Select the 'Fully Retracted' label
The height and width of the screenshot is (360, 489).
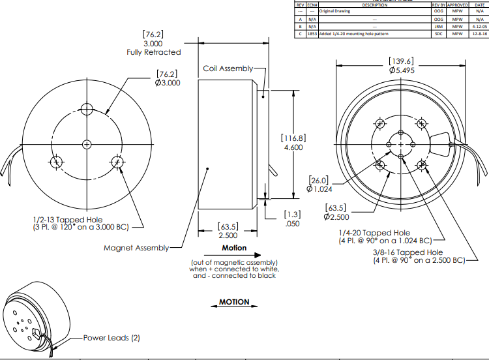(153, 52)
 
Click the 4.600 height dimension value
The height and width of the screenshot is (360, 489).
(293, 148)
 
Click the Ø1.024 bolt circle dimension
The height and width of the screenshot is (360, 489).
(319, 189)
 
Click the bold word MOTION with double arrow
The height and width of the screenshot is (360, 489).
(234, 302)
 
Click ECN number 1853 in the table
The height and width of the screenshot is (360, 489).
(312, 33)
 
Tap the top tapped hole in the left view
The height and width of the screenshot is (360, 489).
(87, 109)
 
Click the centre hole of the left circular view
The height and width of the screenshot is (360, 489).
(87, 143)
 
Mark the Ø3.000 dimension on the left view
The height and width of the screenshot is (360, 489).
(168, 83)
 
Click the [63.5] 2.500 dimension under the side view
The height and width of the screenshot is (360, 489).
(228, 231)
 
